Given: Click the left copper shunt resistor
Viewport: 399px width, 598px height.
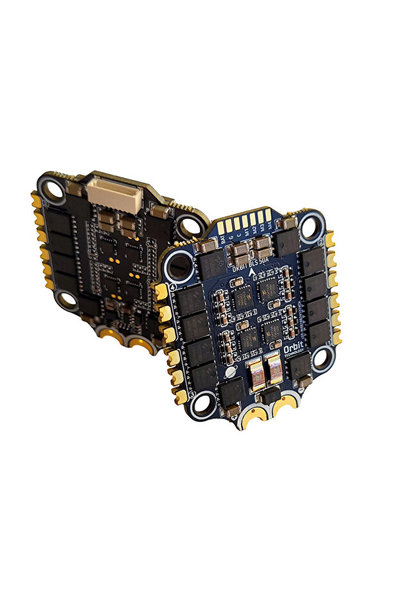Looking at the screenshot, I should click(x=254, y=374).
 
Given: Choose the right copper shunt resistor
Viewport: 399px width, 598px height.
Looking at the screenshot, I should click(x=274, y=371).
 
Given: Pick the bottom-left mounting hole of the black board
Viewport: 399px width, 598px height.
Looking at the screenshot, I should click(x=68, y=297).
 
